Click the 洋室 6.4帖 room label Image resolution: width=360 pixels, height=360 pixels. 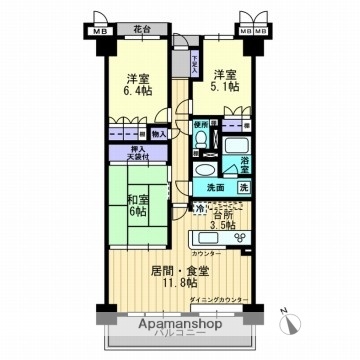(x=140, y=84)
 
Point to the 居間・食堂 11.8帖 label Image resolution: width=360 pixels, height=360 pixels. (x=180, y=277)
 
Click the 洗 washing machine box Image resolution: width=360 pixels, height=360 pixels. (x=245, y=187)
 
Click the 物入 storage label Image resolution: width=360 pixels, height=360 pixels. (x=160, y=132)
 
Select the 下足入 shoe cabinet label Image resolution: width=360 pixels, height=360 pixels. (x=194, y=62)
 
